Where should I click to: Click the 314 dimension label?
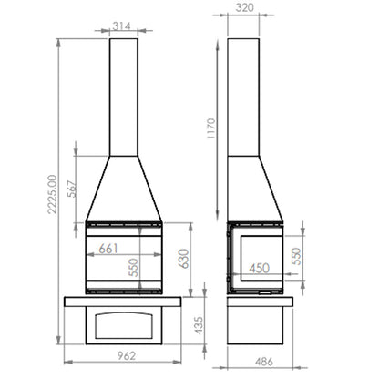(121, 26)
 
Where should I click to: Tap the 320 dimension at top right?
(244, 7)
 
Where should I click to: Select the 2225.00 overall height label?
(52, 194)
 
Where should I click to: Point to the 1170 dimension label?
(211, 128)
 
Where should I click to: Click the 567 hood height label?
(72, 189)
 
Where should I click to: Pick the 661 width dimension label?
(108, 249)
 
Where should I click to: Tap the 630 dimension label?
(183, 259)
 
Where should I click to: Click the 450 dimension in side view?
(259, 268)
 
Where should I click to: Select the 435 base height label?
(199, 325)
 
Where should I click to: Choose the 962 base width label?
(127, 355)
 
